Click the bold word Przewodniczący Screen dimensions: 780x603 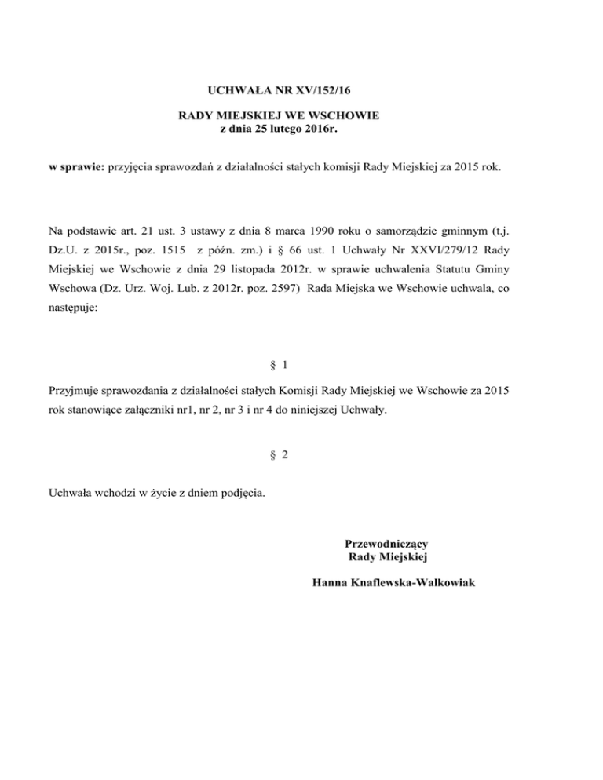pyautogui.click(x=386, y=543)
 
